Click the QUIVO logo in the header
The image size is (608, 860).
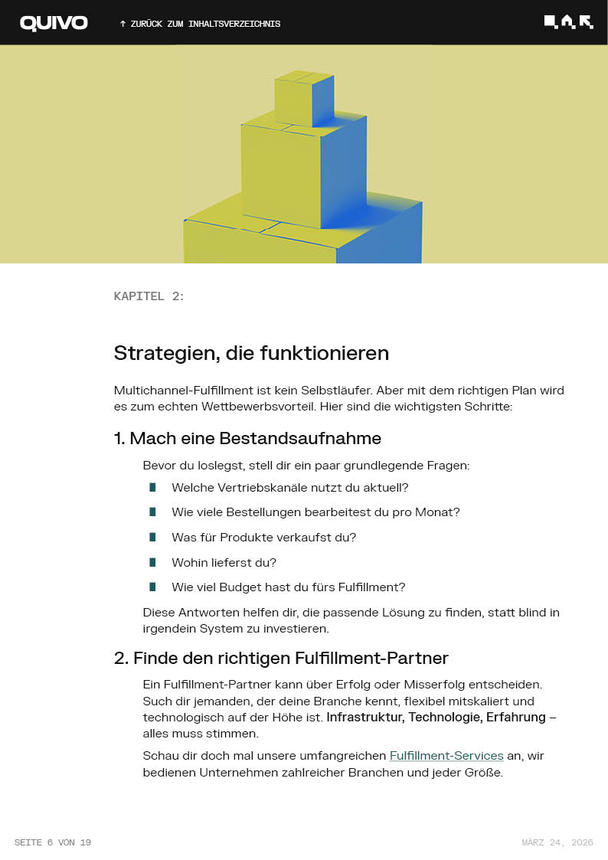54,23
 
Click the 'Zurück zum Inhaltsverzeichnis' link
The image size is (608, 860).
200,24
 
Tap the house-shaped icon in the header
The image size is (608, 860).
567,22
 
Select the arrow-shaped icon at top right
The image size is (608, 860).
587,22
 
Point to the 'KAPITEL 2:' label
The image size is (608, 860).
149,296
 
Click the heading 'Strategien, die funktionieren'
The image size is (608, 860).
251,353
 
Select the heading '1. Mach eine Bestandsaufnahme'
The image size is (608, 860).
247,439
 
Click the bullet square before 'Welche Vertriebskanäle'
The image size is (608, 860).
152,487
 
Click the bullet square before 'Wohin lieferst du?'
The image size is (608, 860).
152,562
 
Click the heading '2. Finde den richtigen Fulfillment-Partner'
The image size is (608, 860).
281,658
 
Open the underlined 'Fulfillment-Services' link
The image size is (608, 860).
446,756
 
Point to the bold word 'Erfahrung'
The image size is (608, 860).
515,718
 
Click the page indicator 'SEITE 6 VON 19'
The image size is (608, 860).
52,842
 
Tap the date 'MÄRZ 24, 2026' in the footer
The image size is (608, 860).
557,842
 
